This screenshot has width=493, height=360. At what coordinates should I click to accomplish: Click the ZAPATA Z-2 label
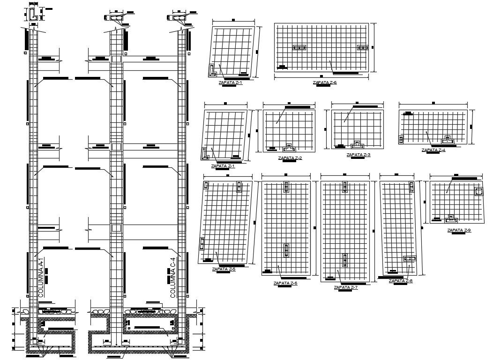(x=290, y=158)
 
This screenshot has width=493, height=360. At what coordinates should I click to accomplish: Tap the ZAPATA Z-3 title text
(x=358, y=154)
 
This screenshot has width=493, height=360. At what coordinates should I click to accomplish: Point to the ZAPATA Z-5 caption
(x=224, y=269)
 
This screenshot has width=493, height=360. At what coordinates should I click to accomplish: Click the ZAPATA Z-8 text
(x=401, y=280)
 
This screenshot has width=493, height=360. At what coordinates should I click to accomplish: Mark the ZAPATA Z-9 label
(x=459, y=230)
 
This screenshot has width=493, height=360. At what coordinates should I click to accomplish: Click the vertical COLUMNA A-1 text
(x=41, y=277)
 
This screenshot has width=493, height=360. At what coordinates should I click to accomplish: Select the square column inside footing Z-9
(x=479, y=192)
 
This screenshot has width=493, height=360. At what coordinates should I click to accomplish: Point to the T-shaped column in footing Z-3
(x=359, y=143)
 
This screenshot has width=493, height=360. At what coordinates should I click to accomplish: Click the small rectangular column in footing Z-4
(x=401, y=140)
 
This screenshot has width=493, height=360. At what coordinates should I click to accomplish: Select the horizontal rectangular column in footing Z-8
(x=410, y=258)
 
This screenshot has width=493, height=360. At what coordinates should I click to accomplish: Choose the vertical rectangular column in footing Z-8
(x=412, y=187)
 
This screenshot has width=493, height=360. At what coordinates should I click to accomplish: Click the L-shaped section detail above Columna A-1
(x=34, y=14)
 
